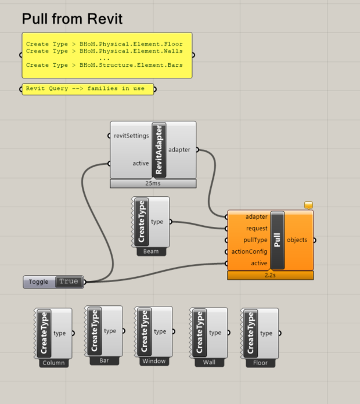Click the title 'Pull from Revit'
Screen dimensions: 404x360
(x=72, y=19)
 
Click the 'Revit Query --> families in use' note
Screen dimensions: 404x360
(x=88, y=89)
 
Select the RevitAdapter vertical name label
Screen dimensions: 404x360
(x=159, y=150)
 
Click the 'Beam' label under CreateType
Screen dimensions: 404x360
(x=151, y=251)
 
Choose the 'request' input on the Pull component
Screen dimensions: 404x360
(x=256, y=228)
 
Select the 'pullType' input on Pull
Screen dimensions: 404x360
(x=256, y=240)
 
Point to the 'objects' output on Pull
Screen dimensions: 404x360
(x=297, y=240)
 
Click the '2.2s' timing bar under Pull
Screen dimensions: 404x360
(x=270, y=275)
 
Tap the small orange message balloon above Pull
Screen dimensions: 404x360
(x=308, y=205)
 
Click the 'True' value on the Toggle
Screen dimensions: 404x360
(x=68, y=282)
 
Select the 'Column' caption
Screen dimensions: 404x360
(x=52, y=363)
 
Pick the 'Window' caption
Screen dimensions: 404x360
(x=153, y=361)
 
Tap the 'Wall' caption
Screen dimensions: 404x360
(x=209, y=362)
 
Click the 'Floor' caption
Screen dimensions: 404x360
(x=260, y=363)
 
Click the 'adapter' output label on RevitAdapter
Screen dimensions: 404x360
(x=179, y=150)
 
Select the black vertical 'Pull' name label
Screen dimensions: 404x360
(x=278, y=240)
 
